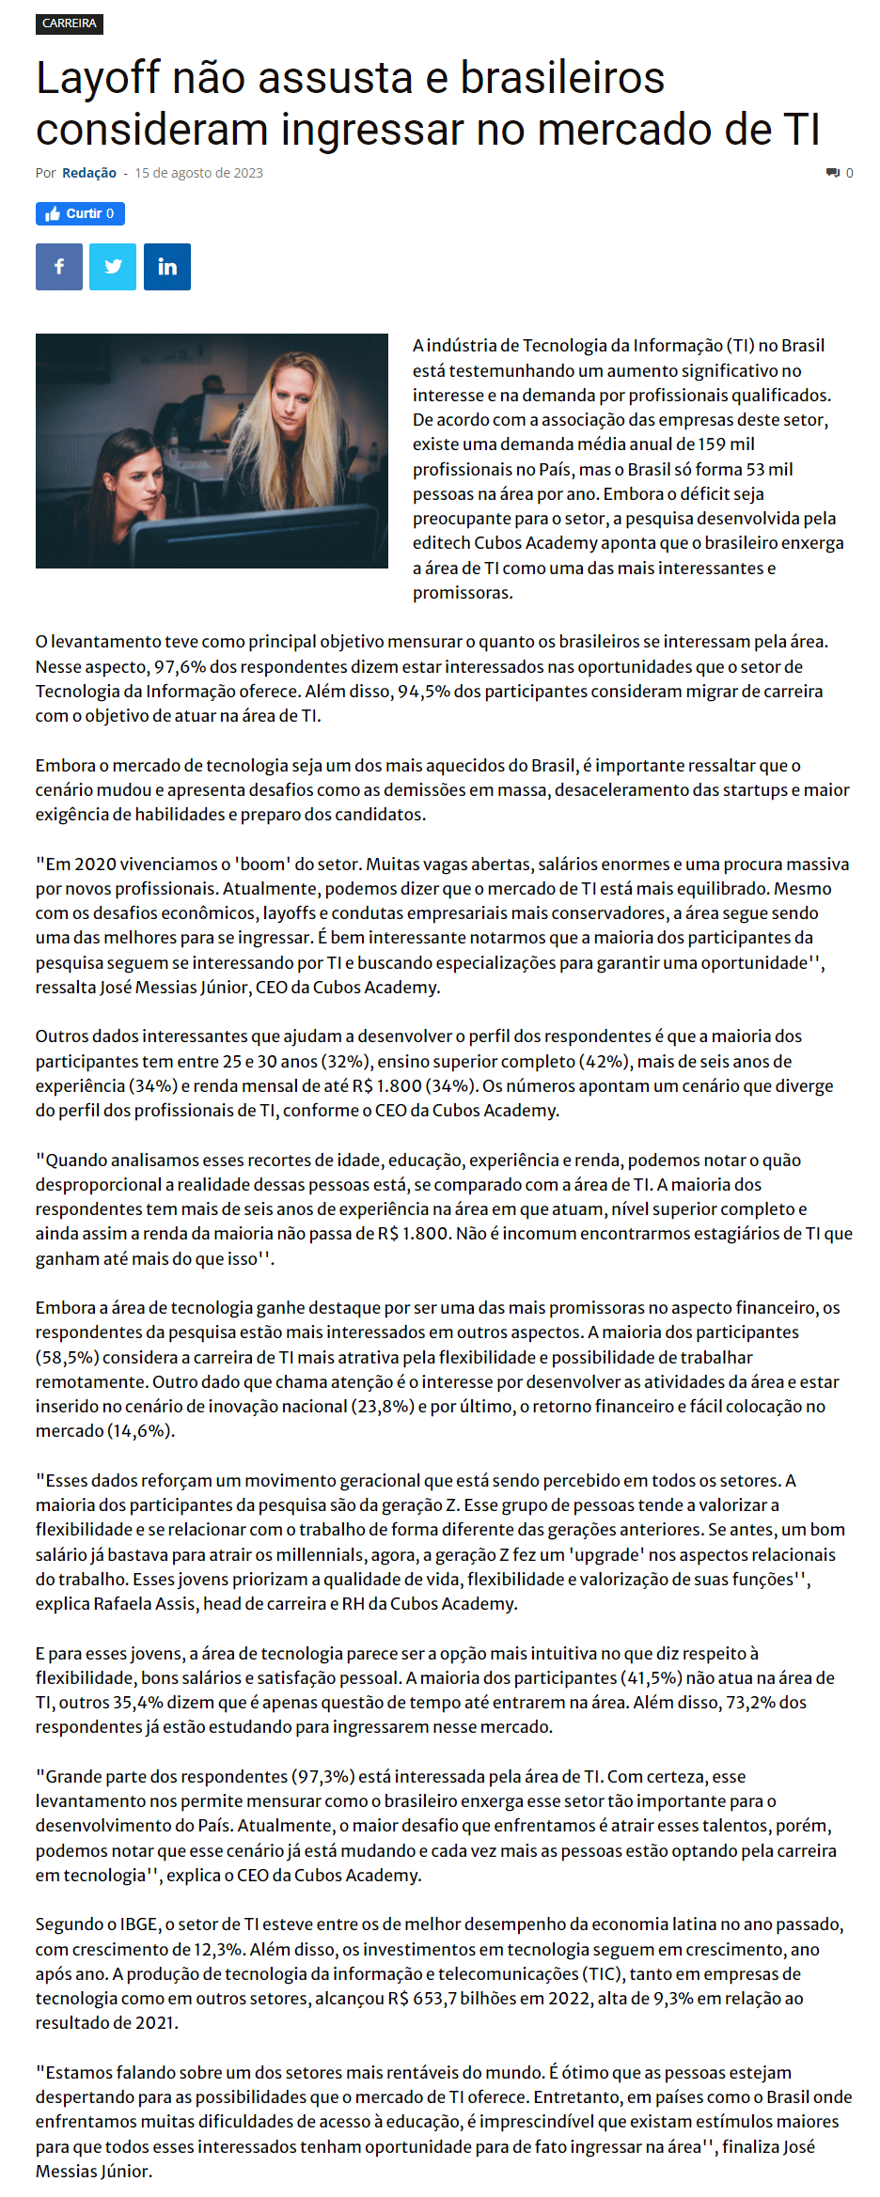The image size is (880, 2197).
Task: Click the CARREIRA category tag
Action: (70, 23)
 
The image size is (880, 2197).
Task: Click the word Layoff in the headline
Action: (99, 78)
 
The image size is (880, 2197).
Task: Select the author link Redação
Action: (89, 173)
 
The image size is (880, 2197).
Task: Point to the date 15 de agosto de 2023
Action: (198, 173)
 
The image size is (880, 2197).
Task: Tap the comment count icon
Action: (833, 173)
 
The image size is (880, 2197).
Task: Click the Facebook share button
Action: (59, 267)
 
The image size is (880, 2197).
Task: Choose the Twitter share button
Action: (113, 267)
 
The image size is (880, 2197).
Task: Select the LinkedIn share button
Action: (167, 267)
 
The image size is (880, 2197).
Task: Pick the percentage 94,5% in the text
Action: (423, 692)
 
